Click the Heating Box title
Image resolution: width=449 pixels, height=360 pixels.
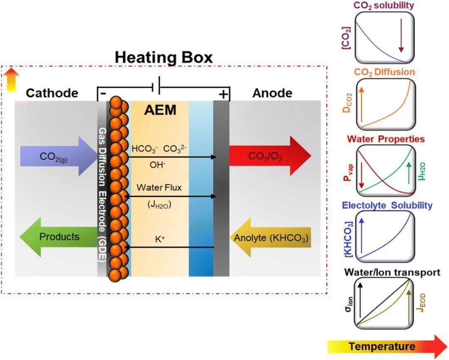point(164,57)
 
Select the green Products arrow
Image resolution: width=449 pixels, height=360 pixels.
point(58,237)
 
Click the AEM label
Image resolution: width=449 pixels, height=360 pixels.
point(160,110)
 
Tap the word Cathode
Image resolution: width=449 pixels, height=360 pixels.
point(52,93)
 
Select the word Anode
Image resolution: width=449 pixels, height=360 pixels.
point(272,93)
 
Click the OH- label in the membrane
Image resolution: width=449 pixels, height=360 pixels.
point(158,165)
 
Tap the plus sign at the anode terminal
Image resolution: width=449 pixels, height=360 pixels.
point(223,95)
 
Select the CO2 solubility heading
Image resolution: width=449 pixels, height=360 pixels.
point(384,6)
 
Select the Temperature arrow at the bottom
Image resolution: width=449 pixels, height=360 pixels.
point(387,346)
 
